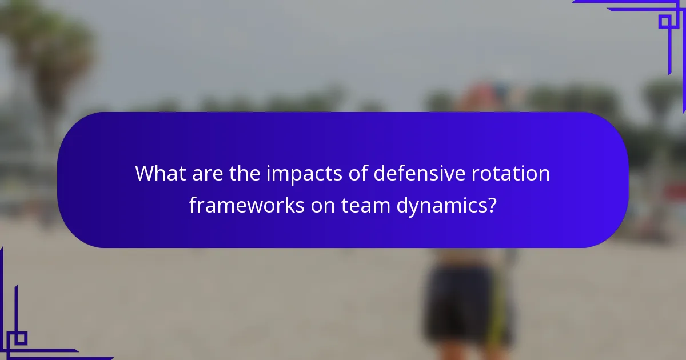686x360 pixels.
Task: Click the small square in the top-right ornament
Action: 664,22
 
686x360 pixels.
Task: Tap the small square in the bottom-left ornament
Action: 21,338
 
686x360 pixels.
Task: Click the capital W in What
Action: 145,174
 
